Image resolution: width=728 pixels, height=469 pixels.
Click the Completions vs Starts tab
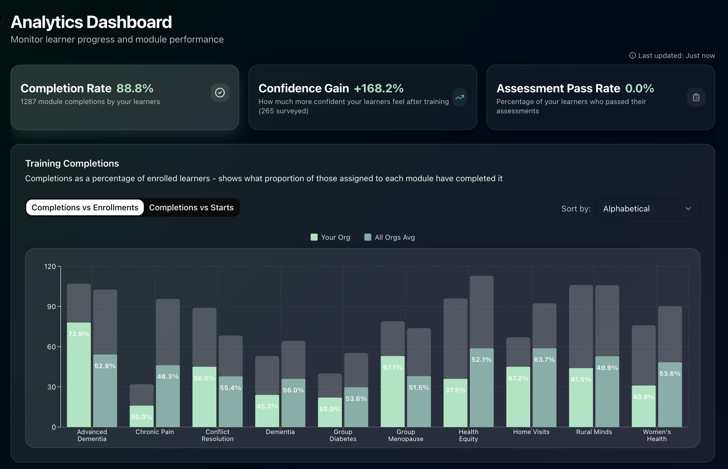pos(191,208)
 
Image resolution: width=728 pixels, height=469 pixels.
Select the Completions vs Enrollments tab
pos(85,208)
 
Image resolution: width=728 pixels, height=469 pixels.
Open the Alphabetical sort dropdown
pos(647,209)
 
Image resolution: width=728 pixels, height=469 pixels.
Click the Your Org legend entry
pos(330,237)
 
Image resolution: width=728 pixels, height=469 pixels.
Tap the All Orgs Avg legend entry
pos(389,237)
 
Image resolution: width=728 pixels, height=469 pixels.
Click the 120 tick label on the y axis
pos(50,267)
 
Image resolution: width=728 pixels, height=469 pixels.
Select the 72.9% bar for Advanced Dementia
pos(79,375)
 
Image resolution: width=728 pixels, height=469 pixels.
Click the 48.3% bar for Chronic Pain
pos(168,396)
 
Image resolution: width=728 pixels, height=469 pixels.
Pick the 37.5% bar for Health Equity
pos(456,403)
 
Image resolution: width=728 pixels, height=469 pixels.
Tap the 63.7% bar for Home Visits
pos(544,388)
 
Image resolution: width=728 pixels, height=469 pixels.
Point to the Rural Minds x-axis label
pos(594,432)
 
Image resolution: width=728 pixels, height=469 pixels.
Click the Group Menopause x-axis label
pos(406,435)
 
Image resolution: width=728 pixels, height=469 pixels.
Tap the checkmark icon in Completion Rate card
pos(220,93)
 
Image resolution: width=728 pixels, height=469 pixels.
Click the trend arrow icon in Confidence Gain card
pos(460,98)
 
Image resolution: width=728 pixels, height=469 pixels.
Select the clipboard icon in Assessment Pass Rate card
pos(696,98)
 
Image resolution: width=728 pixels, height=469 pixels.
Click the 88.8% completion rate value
pos(135,88)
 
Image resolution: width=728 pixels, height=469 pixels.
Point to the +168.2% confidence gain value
pos(379,88)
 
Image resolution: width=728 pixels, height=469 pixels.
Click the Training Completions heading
pos(72,163)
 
